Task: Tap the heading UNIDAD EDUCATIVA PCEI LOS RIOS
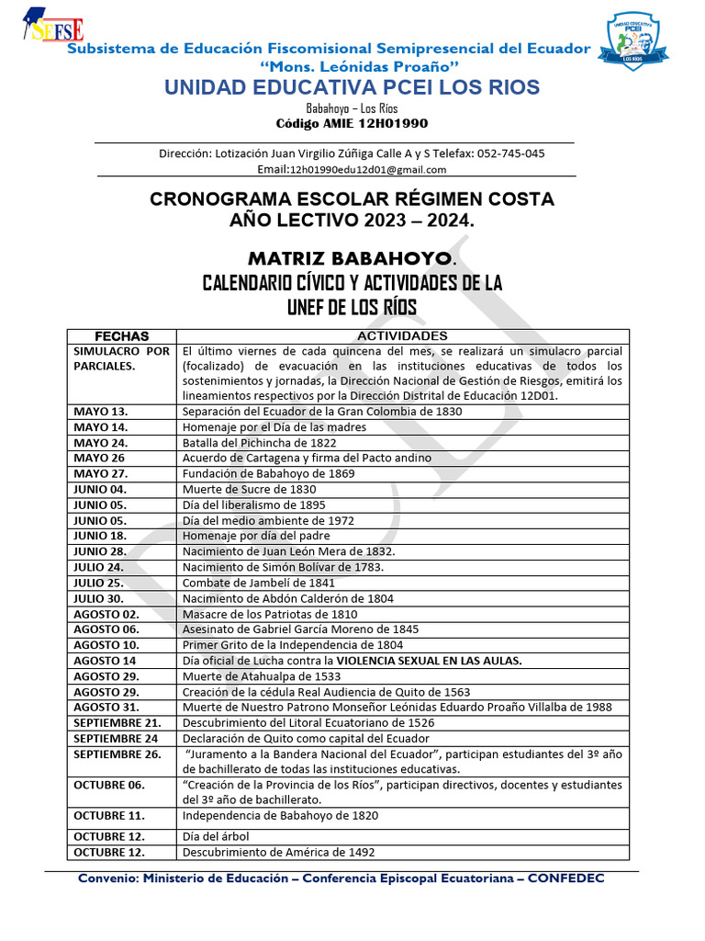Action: [352, 87]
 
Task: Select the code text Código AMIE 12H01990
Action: [352, 123]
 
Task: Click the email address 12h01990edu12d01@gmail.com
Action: [367, 169]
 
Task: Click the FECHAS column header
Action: [121, 336]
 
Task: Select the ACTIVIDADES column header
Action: [402, 336]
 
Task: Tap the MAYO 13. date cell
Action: [101, 412]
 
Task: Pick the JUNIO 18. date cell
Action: [100, 536]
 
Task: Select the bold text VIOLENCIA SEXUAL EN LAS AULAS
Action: [430, 661]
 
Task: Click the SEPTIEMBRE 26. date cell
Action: [117, 754]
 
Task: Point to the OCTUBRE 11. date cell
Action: [108, 816]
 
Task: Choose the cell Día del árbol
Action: [216, 836]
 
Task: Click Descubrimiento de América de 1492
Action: [279, 852]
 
